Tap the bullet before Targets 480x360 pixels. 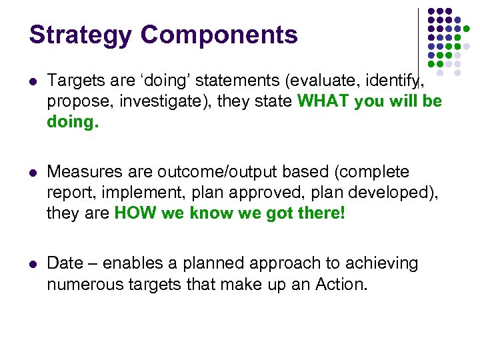(x=33, y=82)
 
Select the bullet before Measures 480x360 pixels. (x=33, y=173)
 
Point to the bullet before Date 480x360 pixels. (x=33, y=264)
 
